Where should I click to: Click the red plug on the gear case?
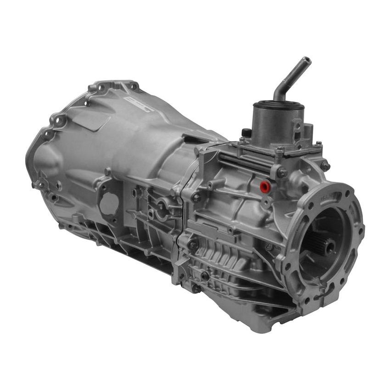pyautogui.click(x=265, y=186)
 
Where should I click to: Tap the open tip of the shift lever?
pyautogui.click(x=305, y=61)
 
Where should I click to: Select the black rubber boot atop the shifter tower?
pyautogui.click(x=278, y=105)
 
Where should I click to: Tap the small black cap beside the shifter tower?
pyautogui.click(x=247, y=133)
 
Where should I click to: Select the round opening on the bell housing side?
pyautogui.click(x=109, y=204)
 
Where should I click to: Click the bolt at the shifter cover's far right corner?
pyautogui.click(x=325, y=166)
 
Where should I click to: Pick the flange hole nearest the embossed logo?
pyautogui.click(x=134, y=86)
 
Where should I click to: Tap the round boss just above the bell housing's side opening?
pyautogui.click(x=107, y=172)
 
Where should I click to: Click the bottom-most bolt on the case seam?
pyautogui.click(x=196, y=288)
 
